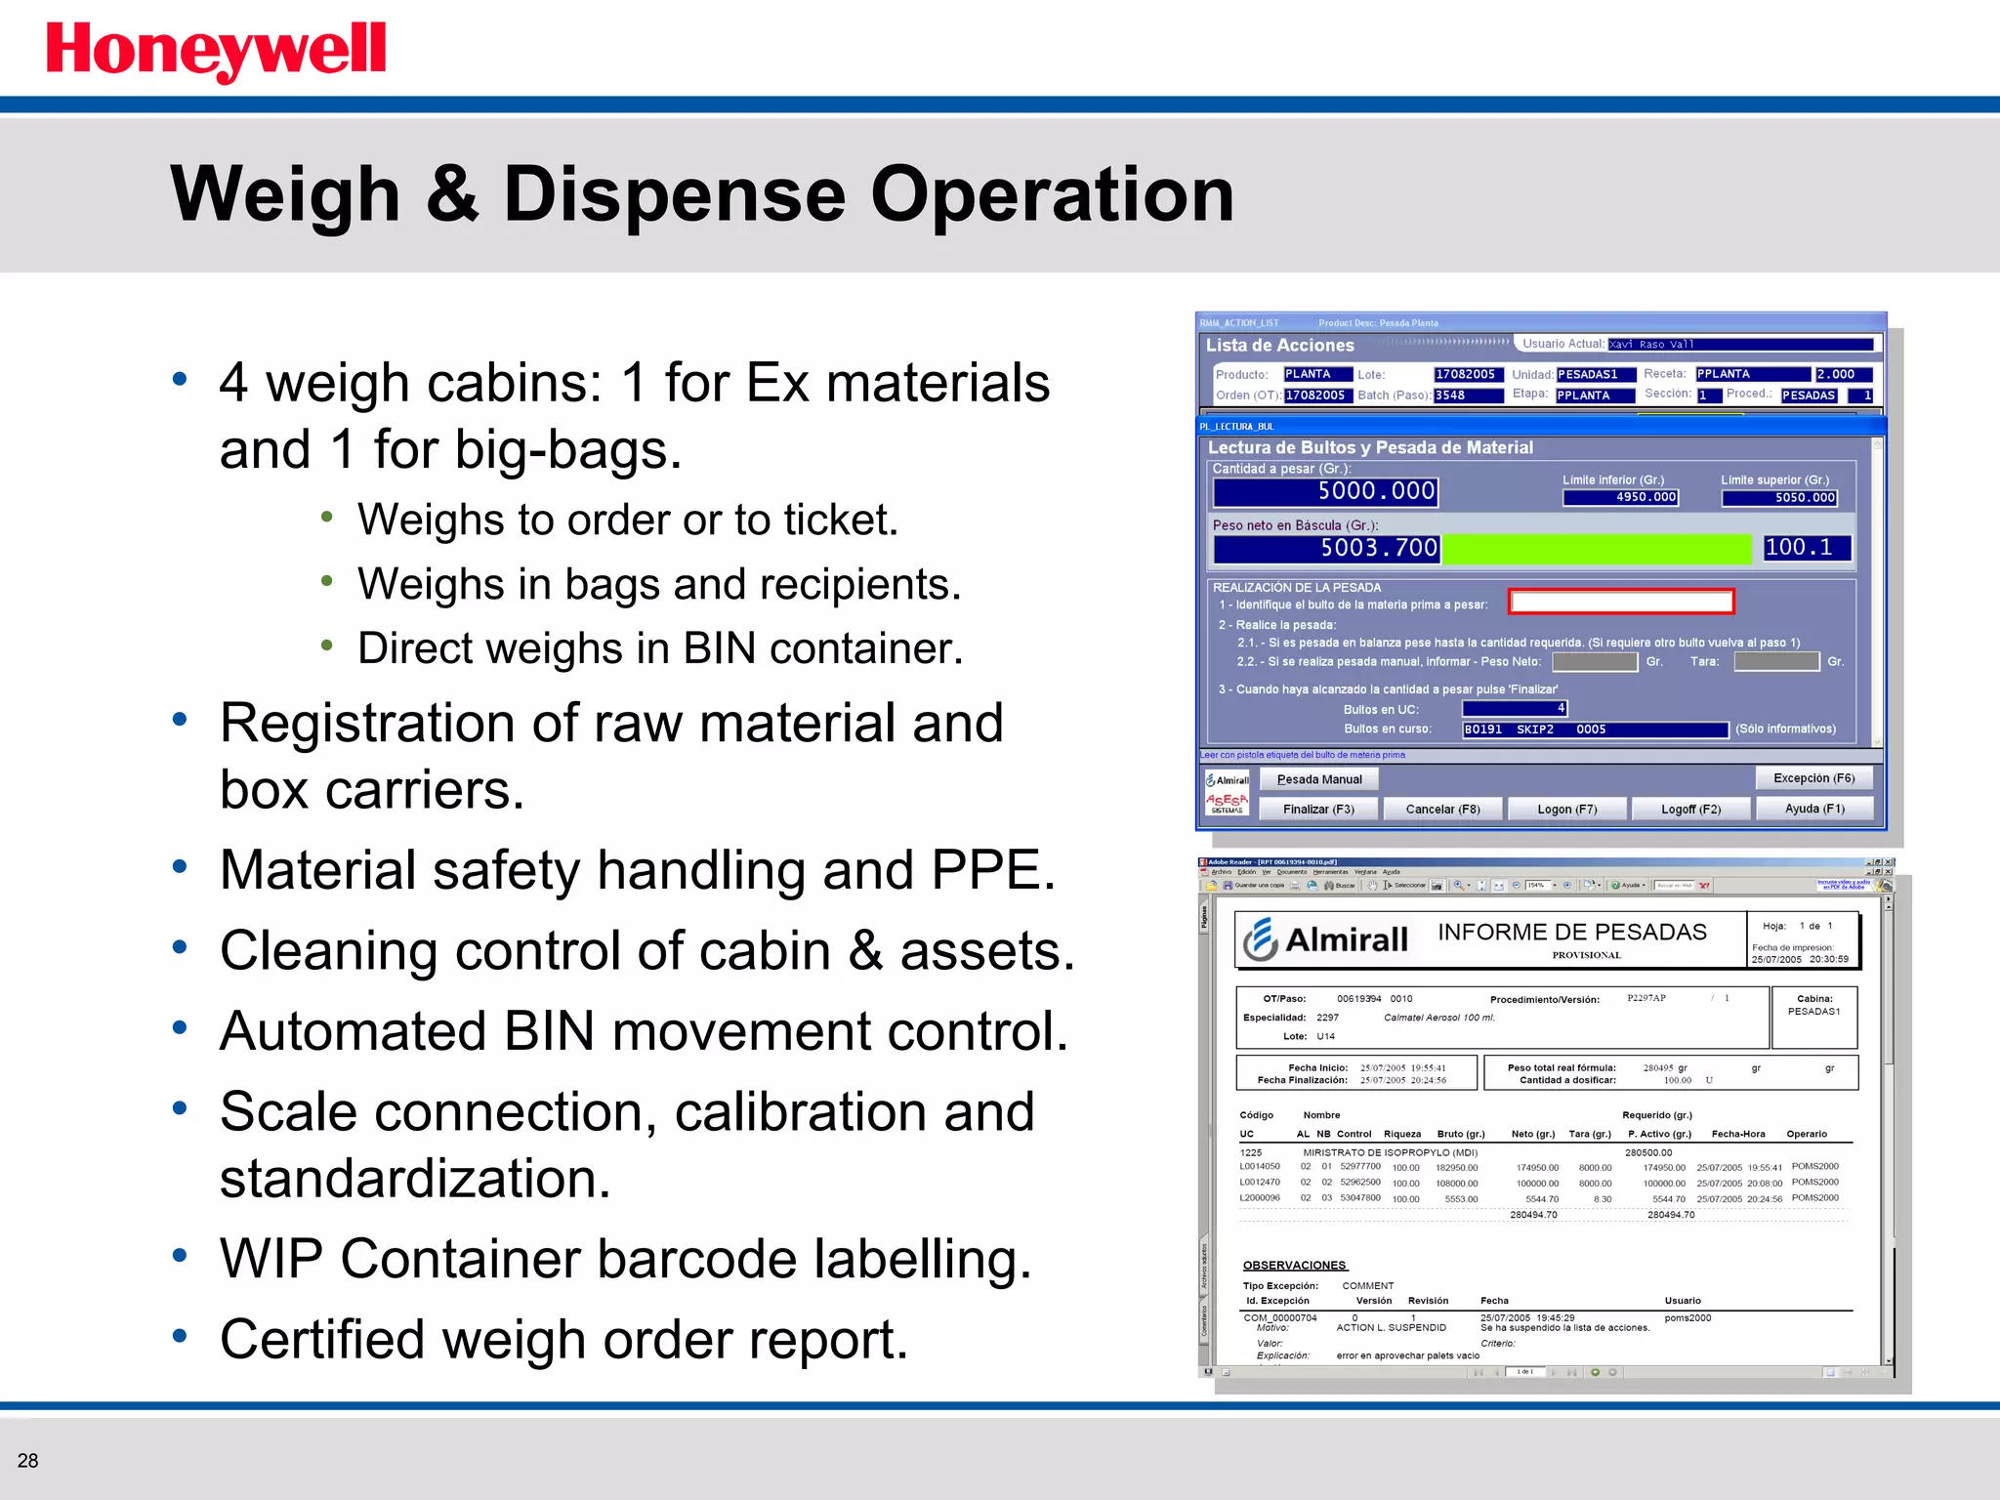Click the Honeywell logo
pos(216,51)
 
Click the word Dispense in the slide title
pos(674,194)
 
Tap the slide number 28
pos(28,1461)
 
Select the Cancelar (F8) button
pos(1442,810)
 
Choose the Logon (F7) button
pos(1566,810)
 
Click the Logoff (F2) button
pos(1690,810)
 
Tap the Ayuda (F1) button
pos(1814,809)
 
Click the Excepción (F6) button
pos(1813,778)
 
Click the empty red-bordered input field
pos(1621,602)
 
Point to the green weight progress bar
pos(1598,549)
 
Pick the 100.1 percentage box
pos(1806,548)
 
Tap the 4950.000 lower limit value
pos(1620,497)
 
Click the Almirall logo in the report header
pos(1326,939)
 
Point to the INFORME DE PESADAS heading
pos(1571,932)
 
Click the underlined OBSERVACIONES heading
pos(1294,1266)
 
